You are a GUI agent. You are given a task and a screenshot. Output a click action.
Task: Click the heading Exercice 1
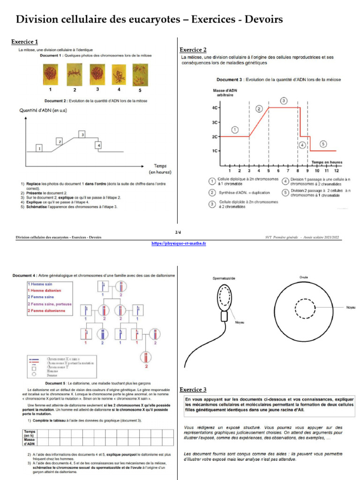pos(24,42)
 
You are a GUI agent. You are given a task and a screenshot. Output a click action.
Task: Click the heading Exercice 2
pos(193,50)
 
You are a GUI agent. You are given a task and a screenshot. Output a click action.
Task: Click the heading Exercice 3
pos(193,390)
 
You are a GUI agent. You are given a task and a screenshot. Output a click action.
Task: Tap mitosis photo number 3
pos(97,74)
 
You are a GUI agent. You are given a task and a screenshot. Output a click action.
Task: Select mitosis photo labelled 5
pos(139,75)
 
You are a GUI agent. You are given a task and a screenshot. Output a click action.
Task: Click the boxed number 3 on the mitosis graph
pos(82,135)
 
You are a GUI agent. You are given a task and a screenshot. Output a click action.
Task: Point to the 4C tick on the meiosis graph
pos(215,107)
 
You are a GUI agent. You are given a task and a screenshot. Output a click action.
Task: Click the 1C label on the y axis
pos(215,151)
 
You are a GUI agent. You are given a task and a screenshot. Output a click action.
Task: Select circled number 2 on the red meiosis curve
pos(259,109)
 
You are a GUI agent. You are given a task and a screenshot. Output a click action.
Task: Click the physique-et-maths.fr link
pos(179,243)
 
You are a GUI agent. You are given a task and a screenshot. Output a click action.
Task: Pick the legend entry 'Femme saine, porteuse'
pos(50,304)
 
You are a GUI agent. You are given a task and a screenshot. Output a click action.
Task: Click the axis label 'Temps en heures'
pos(327,162)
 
